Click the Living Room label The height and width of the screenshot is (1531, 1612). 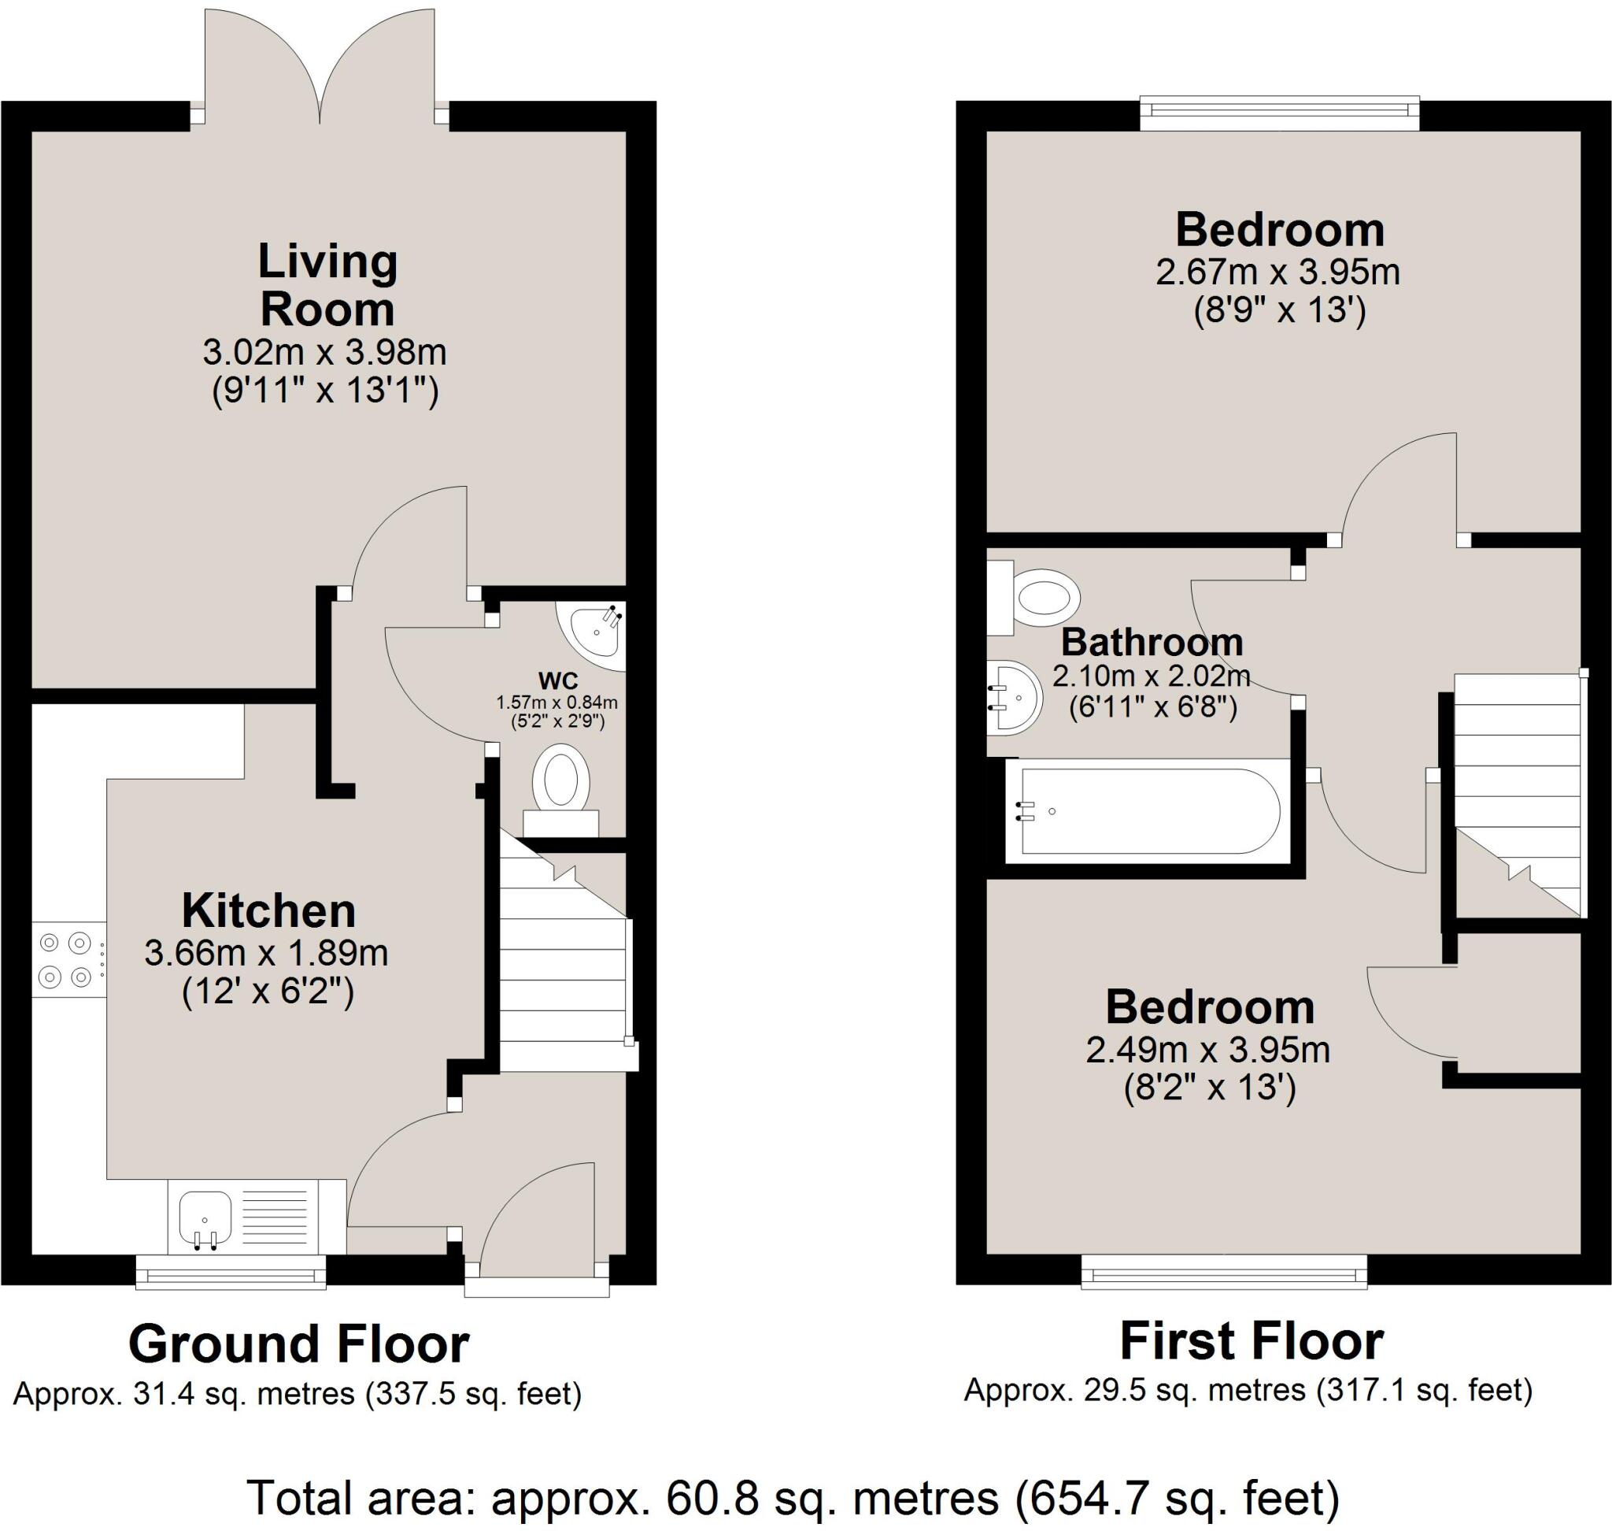pos(327,285)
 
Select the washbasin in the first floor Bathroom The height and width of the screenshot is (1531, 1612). pos(1014,698)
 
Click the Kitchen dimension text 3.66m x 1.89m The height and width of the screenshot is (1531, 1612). pos(266,953)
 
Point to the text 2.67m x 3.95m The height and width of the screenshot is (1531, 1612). pos(1277,272)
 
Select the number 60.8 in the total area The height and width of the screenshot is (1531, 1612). pos(712,1498)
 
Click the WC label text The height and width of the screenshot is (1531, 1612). pos(558,680)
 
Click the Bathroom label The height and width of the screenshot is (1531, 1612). pos(1151,643)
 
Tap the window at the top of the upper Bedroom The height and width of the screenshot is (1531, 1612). pos(1278,114)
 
